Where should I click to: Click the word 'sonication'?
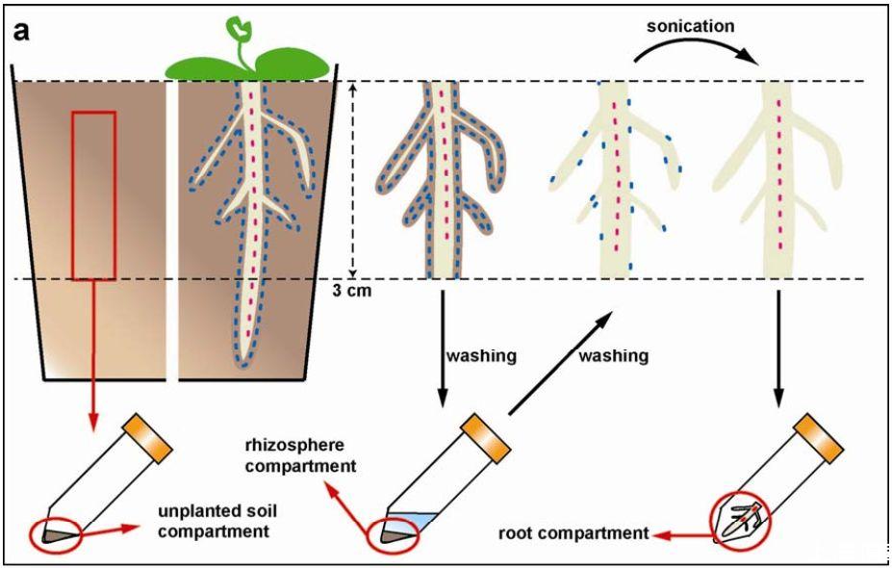[x=689, y=26]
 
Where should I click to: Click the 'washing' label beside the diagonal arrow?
[x=613, y=356]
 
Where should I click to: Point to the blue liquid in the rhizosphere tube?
[x=419, y=521]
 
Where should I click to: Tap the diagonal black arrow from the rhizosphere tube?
[x=560, y=360]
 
